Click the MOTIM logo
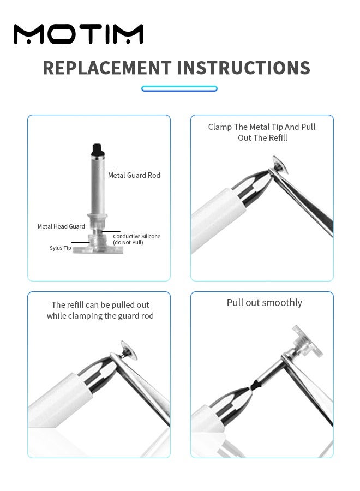point(78,34)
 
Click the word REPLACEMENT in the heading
point(107,68)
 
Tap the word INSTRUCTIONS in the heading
point(244,68)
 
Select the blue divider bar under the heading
point(179,88)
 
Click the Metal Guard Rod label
point(134,175)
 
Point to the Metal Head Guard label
point(61,226)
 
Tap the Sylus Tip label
point(61,248)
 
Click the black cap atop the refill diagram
point(97,149)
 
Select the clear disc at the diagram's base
point(98,249)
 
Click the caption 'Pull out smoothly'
point(265,303)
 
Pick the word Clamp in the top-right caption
point(220,127)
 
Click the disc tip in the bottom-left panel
point(129,350)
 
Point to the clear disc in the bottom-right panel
point(307,342)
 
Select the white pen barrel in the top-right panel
point(216,219)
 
